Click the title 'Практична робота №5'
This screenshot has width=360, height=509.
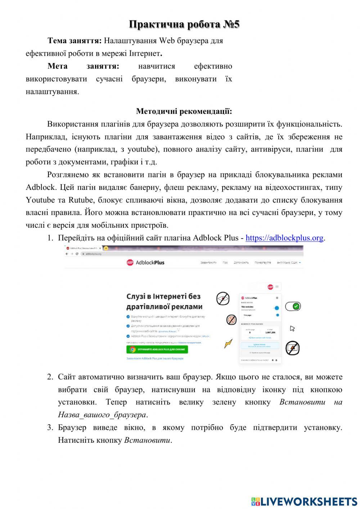184,24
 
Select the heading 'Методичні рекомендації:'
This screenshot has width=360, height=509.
184,111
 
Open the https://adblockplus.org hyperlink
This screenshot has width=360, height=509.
284,238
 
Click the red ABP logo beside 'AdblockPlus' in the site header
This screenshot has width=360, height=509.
130,263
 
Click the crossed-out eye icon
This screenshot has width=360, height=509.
223,299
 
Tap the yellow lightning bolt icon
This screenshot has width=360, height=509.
228,344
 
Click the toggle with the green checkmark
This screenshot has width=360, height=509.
293,306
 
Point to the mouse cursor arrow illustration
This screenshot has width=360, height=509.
292,329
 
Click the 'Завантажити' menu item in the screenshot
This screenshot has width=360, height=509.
208,263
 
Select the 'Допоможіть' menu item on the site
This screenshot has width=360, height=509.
241,263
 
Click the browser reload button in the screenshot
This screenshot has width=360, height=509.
77,254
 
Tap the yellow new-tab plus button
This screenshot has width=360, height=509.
106,248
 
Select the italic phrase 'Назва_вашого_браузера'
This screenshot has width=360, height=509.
102,415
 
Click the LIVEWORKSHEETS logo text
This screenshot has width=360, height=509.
309,501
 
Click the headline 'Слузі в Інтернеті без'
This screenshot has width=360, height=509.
163,296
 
